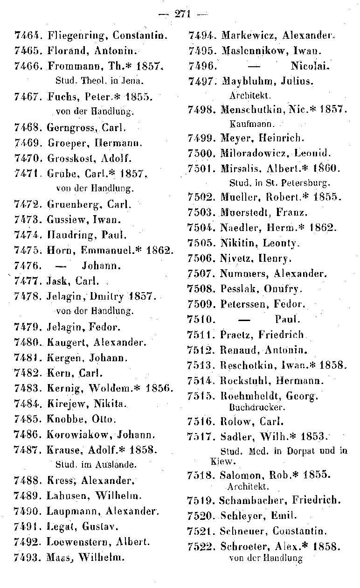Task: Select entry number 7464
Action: point(29,35)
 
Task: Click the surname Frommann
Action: point(71,66)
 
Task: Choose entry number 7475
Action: point(29,250)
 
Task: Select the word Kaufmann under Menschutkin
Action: point(249,125)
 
